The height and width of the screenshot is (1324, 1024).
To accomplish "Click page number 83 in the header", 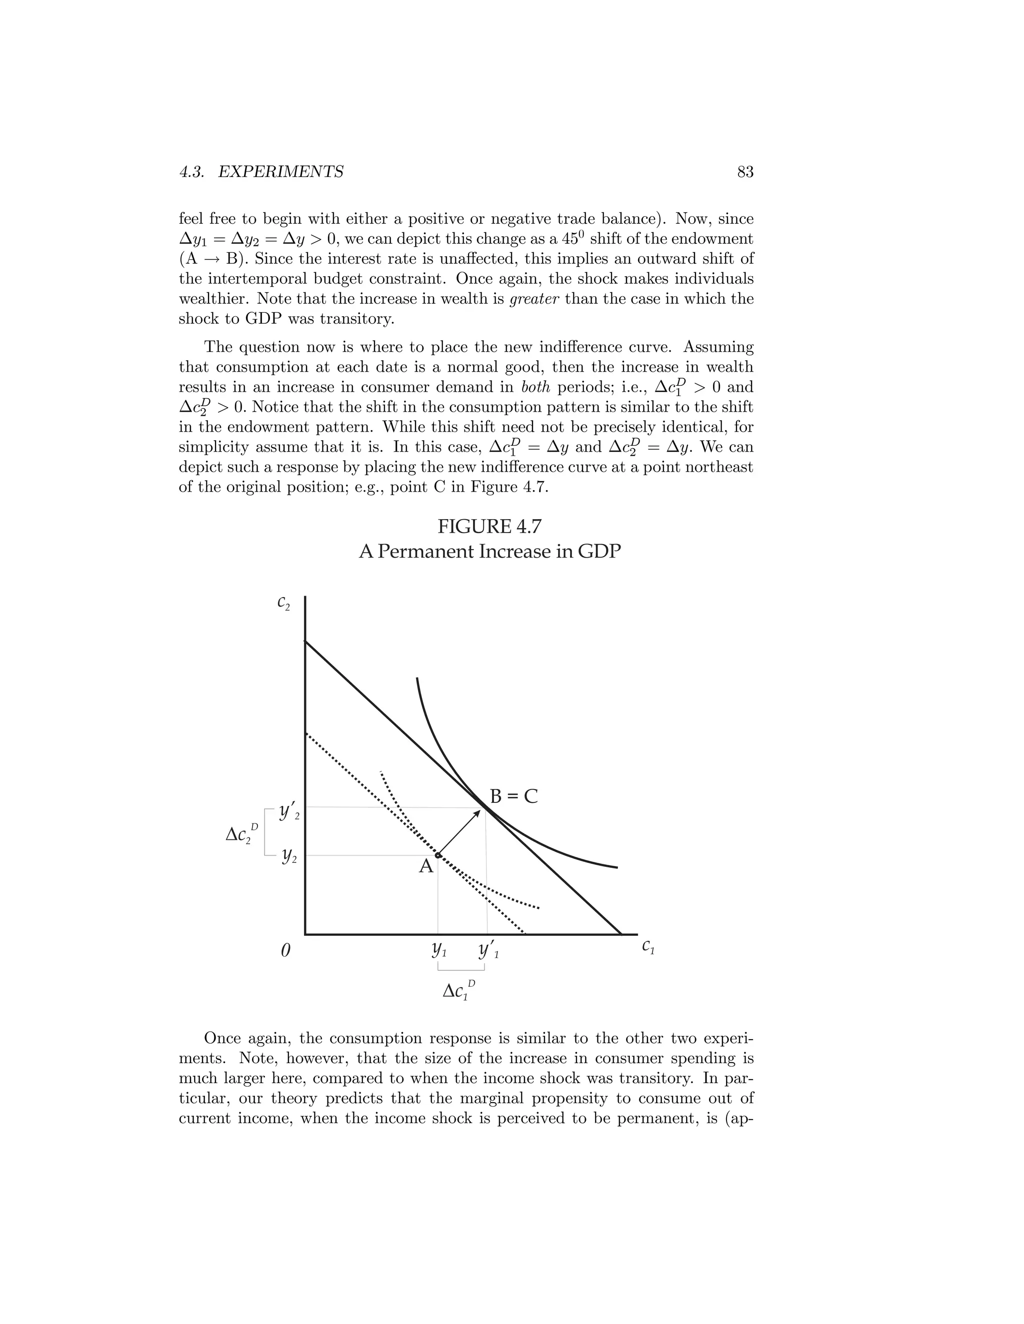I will (745, 172).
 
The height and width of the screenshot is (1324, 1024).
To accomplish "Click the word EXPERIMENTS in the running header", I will (280, 172).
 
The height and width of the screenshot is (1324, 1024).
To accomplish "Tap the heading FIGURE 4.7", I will (489, 527).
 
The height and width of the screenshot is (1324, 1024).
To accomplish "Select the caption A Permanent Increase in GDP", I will (489, 552).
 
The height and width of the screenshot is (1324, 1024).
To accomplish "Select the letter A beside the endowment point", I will (426, 866).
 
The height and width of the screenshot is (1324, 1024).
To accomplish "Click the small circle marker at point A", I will (438, 855).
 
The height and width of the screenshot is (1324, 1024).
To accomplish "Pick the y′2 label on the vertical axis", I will (289, 812).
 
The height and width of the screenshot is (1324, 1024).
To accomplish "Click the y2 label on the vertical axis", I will (289, 856).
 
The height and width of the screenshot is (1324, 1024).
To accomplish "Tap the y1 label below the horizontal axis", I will (438, 949).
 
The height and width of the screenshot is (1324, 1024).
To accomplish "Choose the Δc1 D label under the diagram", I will (458, 991).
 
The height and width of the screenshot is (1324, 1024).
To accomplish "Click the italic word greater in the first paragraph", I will (534, 299).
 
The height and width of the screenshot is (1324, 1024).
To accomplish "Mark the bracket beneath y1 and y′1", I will (461, 969).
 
